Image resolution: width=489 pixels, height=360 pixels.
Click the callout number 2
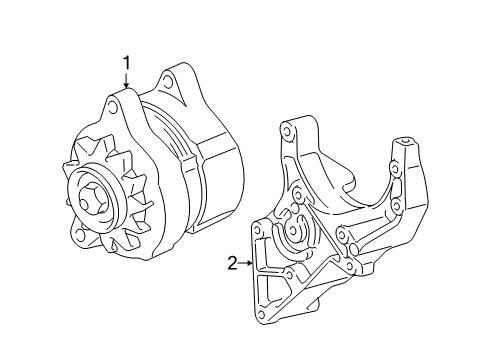tap(231, 264)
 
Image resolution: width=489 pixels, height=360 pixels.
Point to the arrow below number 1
tap(127, 85)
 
